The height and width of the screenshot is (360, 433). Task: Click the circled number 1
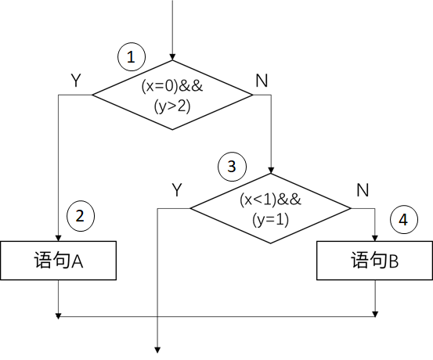(x=132, y=56)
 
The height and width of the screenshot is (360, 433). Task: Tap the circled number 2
(x=81, y=216)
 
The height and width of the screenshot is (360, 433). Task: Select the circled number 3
(x=232, y=167)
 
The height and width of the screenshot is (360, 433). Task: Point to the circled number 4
(x=404, y=220)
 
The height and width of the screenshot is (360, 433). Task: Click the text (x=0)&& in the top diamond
(x=172, y=86)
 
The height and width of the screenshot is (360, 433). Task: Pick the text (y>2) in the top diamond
(x=172, y=106)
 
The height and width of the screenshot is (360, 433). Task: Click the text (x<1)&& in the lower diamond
(x=270, y=200)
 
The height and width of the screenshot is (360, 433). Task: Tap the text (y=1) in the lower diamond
(x=270, y=220)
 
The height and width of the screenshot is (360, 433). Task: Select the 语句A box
(x=58, y=261)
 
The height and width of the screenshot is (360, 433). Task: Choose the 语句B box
(x=374, y=261)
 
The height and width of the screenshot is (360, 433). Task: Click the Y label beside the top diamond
(x=76, y=81)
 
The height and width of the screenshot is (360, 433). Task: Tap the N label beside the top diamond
(x=262, y=81)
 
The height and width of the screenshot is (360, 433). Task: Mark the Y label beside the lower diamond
(x=177, y=189)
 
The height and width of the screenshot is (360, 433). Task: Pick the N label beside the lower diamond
(x=363, y=190)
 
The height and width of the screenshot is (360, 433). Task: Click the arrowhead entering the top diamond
(x=172, y=57)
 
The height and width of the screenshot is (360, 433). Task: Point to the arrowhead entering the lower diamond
(x=271, y=171)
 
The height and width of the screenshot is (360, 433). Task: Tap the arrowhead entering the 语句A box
(x=58, y=238)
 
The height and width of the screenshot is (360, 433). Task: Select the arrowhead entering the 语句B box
(x=375, y=238)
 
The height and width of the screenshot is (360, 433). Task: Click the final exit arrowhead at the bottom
(x=157, y=350)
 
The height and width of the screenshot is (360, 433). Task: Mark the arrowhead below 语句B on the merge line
(x=375, y=314)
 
